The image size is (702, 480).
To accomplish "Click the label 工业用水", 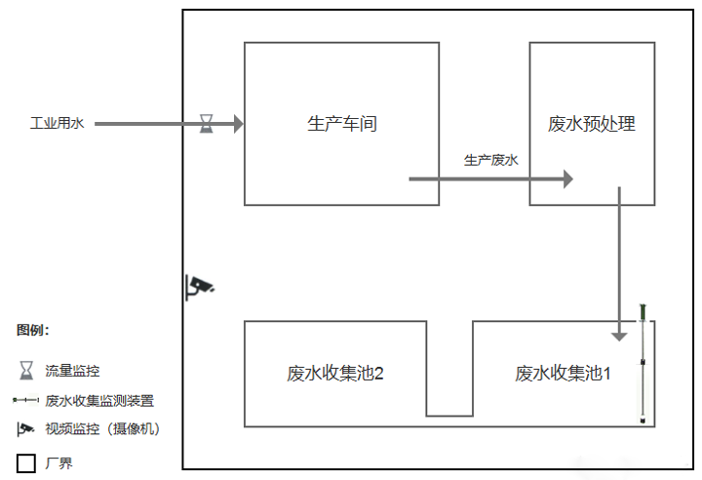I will pos(58,124).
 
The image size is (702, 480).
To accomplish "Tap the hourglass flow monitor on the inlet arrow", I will pos(207,123).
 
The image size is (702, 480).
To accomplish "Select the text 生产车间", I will pos(341,124).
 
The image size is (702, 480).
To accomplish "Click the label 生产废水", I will pos(490,160).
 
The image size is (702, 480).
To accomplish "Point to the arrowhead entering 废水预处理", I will pos(566,179).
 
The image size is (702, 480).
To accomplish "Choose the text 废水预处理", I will pos(592,124).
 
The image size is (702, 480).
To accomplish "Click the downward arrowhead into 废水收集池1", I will pos(619,334).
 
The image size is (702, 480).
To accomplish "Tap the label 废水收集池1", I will pos(564,373).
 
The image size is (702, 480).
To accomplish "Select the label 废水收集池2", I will pos(334,373).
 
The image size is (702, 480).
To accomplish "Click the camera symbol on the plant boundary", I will pos(200,286).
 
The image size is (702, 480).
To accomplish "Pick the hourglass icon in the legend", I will pos(25,371).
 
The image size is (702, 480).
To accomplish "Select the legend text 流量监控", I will pos(72,371).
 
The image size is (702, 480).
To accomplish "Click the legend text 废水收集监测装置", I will pos(99,400).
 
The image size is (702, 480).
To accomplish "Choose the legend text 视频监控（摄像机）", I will pos(102,429).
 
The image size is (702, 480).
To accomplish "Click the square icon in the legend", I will pos(25,462).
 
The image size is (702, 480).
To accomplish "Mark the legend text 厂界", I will pos(58,463).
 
